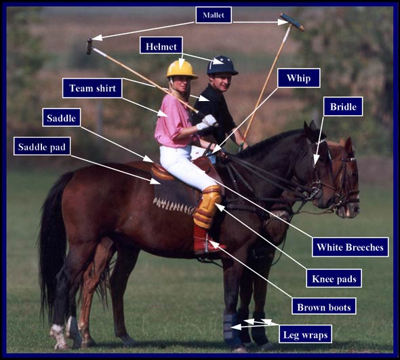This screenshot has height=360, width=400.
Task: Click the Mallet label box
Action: tap(214, 15)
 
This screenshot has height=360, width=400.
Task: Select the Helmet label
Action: tap(161, 45)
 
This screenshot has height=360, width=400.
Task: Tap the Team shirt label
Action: tap(92, 88)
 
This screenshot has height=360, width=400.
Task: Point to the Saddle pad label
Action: tap(42, 146)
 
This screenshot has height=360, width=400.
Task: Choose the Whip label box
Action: tap(299, 78)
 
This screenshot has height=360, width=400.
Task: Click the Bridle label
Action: tap(343, 106)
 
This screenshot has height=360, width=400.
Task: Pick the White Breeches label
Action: tap(350, 247)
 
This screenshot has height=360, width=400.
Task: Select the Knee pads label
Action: tap(334, 278)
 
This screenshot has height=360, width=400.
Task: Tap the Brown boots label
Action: tap(324, 306)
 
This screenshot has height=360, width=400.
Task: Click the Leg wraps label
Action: tap(305, 334)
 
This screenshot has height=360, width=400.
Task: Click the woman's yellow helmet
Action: tap(182, 69)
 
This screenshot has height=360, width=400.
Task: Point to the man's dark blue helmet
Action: tap(222, 65)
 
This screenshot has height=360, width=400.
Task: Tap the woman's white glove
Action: tap(207, 122)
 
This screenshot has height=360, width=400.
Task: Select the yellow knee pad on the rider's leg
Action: tap(207, 206)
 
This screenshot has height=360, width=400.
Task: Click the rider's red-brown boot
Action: tap(206, 239)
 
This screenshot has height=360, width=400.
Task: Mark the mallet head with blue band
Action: tap(292, 22)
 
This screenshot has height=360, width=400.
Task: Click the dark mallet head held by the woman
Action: tap(89, 47)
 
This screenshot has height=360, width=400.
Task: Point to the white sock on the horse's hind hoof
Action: tap(58, 336)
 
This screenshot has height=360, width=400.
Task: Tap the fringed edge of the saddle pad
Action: tap(174, 206)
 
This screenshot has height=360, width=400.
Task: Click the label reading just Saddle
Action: tap(62, 117)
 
